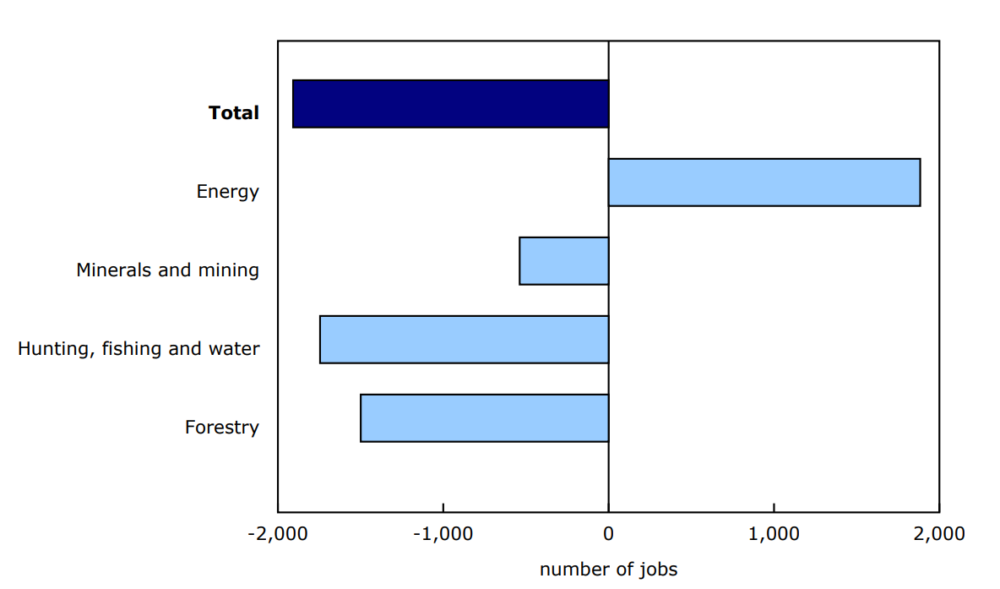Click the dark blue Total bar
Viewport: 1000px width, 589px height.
point(450,104)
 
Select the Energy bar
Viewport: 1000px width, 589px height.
point(764,183)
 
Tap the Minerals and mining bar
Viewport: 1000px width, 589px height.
point(563,261)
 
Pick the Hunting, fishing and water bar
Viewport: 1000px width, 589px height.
point(464,340)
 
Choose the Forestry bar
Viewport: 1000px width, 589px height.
point(484,418)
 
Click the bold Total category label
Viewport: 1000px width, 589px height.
point(234,112)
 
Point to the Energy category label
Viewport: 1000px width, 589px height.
point(228,192)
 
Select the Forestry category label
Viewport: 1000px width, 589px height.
point(222,428)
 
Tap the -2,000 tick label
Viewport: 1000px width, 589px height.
point(277,535)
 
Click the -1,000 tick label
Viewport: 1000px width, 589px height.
point(443,535)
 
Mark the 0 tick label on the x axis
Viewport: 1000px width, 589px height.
point(608,535)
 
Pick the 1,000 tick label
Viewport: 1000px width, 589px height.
point(774,535)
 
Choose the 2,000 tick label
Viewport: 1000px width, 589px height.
point(939,535)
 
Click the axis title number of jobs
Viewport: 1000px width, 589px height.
point(608,570)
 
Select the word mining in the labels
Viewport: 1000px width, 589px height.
point(227,270)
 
